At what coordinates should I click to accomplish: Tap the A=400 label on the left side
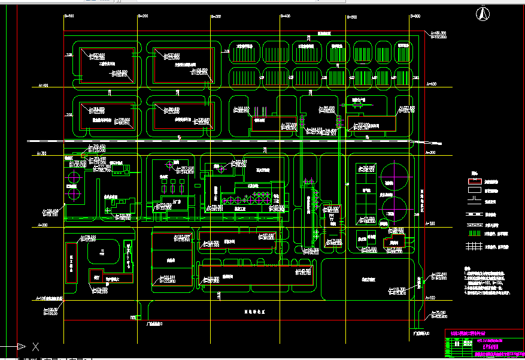tap(43, 86)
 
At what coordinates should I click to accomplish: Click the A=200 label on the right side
tap(430, 224)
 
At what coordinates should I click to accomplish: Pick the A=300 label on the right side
tap(430, 154)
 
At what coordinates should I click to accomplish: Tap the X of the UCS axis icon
tap(36, 346)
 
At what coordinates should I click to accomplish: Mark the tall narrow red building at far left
tap(71, 264)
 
